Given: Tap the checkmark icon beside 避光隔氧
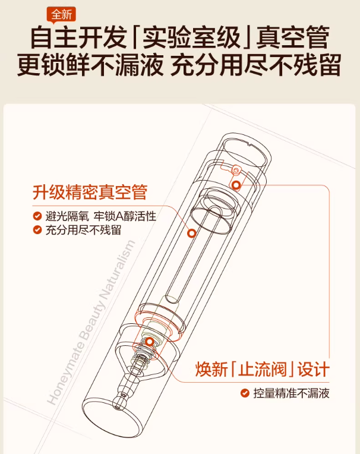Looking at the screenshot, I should click(x=37, y=216).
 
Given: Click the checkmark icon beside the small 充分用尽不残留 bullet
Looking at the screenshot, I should click(x=37, y=230).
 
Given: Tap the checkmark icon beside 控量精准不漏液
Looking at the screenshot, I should click(x=244, y=393).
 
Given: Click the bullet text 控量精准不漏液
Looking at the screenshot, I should click(x=291, y=393).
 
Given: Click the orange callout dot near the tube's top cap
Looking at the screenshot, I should click(x=236, y=184).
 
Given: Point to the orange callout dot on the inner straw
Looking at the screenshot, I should click(x=191, y=234).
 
